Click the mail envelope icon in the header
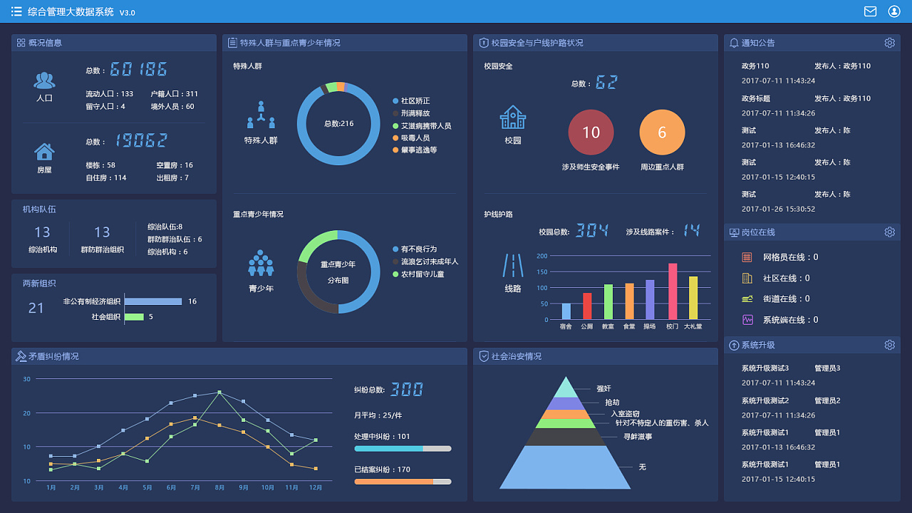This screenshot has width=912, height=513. [870, 11]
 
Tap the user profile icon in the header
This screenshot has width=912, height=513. [894, 11]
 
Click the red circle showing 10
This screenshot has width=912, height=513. [591, 133]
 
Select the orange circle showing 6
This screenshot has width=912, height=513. [662, 133]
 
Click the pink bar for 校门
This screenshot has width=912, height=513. [672, 291]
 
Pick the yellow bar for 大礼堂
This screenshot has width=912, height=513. [693, 298]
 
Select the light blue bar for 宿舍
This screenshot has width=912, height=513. [566, 311]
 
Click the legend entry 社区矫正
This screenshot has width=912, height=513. [415, 101]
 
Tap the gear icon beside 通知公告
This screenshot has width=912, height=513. [890, 43]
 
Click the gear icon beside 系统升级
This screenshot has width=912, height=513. [890, 345]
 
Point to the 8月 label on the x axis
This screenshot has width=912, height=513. [219, 488]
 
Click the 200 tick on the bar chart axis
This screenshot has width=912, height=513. [542, 256]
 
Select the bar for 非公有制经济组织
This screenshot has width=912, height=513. [153, 301]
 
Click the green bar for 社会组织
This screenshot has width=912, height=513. [135, 316]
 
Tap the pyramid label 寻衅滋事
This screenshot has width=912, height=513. [638, 437]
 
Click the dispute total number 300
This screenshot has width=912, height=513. [407, 389]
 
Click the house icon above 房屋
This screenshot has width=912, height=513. [44, 151]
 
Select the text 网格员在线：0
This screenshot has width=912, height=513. [791, 257]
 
